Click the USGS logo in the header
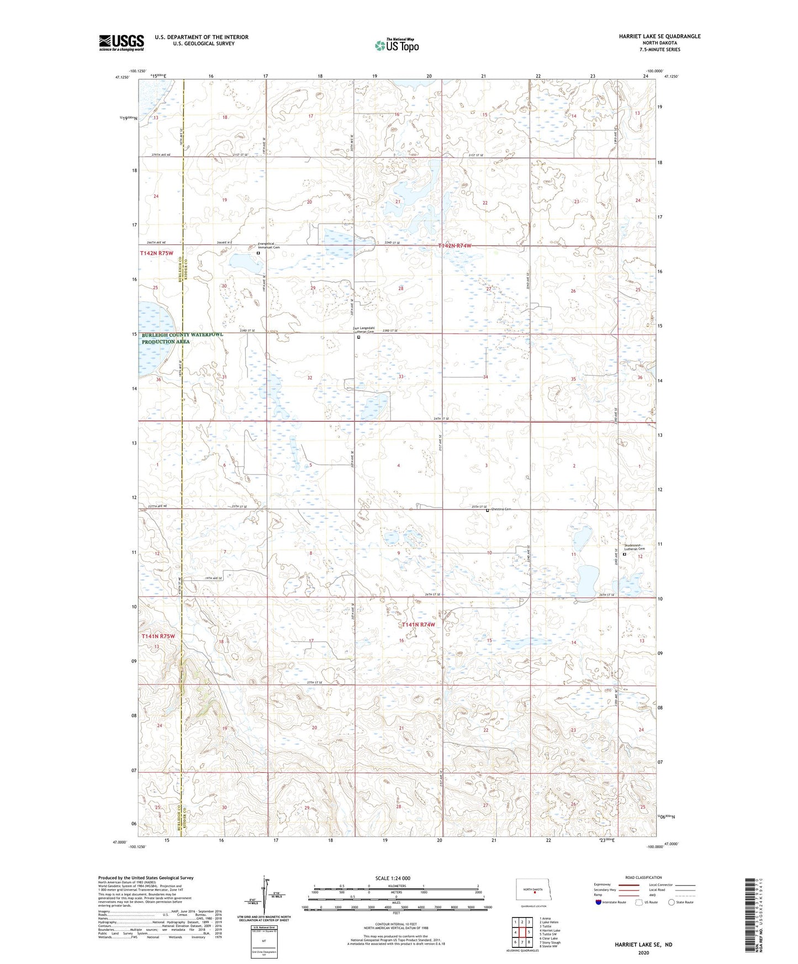(121, 43)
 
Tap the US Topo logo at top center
(397, 45)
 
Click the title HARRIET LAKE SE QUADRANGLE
(659, 36)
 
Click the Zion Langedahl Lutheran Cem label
(364, 330)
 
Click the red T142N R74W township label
(455, 245)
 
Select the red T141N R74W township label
(418, 624)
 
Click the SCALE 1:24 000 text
(393, 878)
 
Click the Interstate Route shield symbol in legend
(599, 902)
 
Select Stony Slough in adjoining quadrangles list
(549, 942)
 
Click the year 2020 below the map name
(643, 952)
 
